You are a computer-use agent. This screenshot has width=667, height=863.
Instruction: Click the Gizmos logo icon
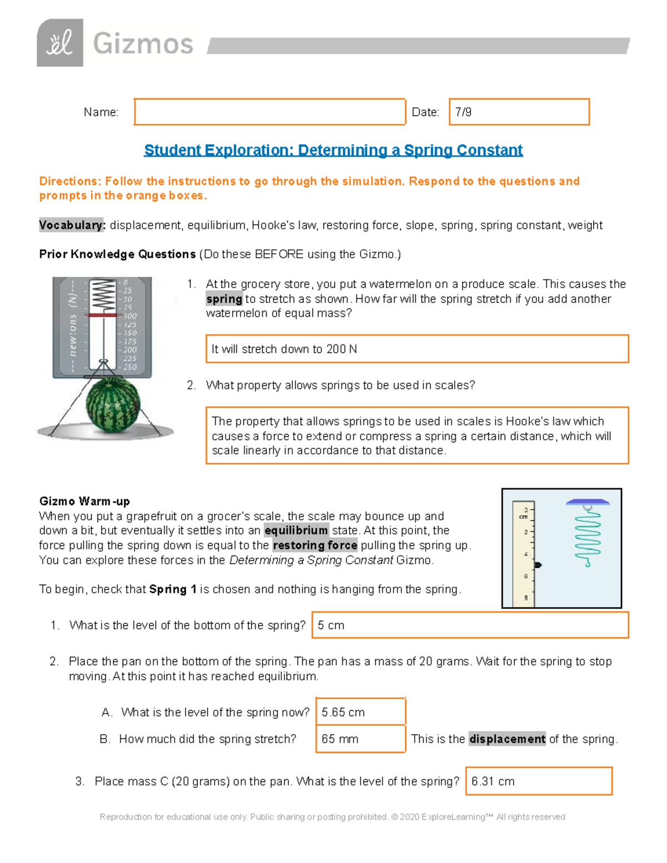pos(60,43)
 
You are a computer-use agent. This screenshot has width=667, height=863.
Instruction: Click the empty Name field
pos(270,112)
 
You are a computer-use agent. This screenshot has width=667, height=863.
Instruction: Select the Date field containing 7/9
pos(519,112)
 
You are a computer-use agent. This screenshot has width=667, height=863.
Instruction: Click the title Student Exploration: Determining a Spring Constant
pos(333,150)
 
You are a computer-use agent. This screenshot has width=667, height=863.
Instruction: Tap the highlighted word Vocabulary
pos(72,225)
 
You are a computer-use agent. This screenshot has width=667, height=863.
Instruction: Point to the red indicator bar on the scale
pos(102,315)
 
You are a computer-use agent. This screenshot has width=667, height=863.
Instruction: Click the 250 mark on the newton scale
pos(130,367)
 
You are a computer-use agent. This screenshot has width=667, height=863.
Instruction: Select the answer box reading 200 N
pos(417,349)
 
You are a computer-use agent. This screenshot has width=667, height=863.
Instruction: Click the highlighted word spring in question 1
pos(224,299)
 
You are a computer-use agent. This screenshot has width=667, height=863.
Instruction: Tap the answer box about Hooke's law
pos(417,436)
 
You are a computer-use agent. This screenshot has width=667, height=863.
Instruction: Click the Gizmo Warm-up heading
pos(84,501)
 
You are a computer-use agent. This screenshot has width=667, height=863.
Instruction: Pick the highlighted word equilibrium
pos(296,531)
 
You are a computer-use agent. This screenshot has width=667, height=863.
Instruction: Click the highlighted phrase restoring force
pos(315,546)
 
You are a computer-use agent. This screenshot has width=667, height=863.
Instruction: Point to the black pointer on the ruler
pos(537,565)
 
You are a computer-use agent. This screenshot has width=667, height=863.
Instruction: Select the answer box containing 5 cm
pos(470,625)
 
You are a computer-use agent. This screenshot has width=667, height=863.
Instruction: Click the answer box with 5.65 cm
pos(360,712)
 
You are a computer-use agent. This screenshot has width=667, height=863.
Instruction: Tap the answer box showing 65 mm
pos(360,739)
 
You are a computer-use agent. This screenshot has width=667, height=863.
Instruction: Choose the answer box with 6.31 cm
pos(539,781)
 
